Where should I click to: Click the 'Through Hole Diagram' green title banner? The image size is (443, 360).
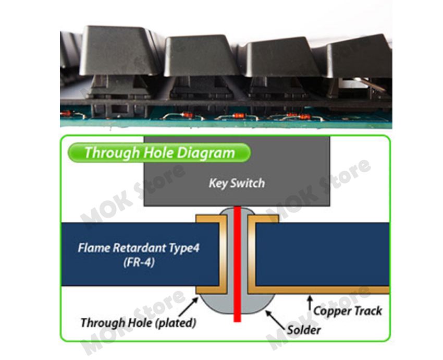(159, 153)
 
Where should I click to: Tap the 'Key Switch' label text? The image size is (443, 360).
(237, 183)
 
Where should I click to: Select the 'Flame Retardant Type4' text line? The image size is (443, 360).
(139, 248)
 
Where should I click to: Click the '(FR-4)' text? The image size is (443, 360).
(139, 262)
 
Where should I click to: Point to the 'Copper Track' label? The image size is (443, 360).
(348, 311)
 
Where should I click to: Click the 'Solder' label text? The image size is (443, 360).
(304, 330)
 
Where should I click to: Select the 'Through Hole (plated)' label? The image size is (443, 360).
(138, 323)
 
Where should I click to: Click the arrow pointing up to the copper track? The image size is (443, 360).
(310, 303)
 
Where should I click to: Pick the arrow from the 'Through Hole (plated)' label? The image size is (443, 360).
(189, 307)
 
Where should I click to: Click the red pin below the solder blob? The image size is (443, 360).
(237, 318)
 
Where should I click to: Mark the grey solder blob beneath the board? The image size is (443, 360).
(237, 304)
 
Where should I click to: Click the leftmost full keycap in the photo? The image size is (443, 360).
(119, 51)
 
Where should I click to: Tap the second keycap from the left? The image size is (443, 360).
(201, 56)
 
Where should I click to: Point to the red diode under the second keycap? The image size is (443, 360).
(187, 115)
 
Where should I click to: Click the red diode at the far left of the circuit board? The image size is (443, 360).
(66, 113)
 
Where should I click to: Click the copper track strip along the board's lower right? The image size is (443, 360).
(319, 290)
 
